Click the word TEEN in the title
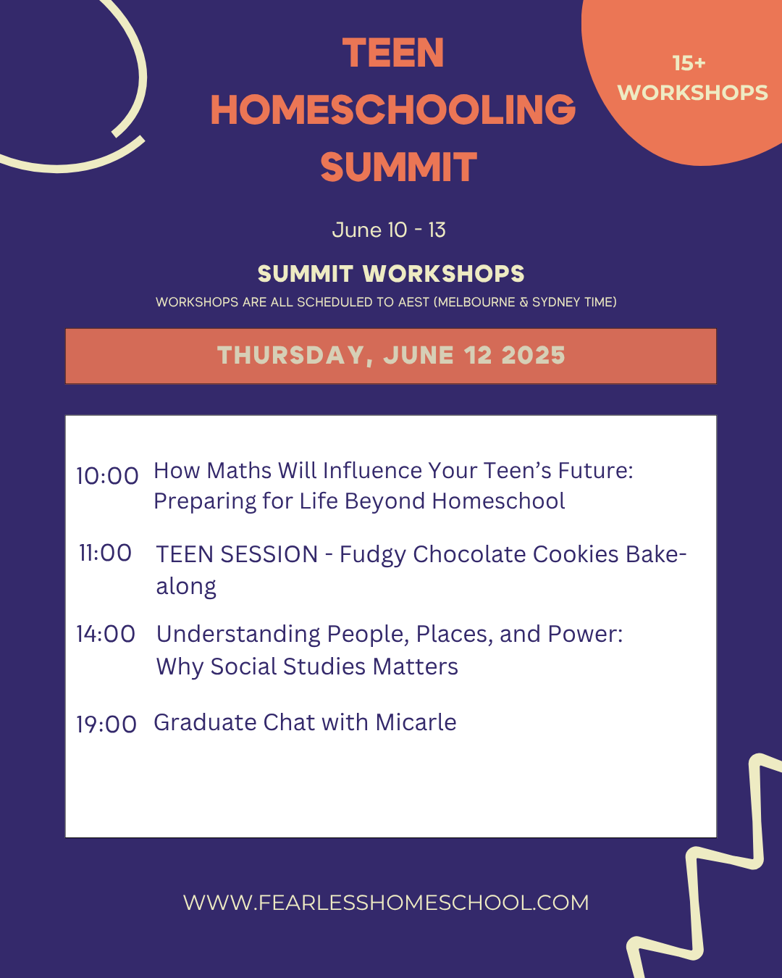coord(393,53)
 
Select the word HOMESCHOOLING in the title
coord(393,109)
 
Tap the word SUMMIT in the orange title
coord(398,167)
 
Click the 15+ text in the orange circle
coord(689,63)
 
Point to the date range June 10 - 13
coord(389,230)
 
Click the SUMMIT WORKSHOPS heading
coord(391,274)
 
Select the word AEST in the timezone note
coord(413,302)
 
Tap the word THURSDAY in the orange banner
coord(291,356)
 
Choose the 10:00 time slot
coord(107,476)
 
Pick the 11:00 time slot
coord(106,553)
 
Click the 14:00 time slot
coord(106,634)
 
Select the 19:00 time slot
coord(106,724)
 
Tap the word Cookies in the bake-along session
coord(575,554)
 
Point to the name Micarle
coord(416,722)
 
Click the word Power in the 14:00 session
coord(585,634)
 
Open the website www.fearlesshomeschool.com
coord(386,903)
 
